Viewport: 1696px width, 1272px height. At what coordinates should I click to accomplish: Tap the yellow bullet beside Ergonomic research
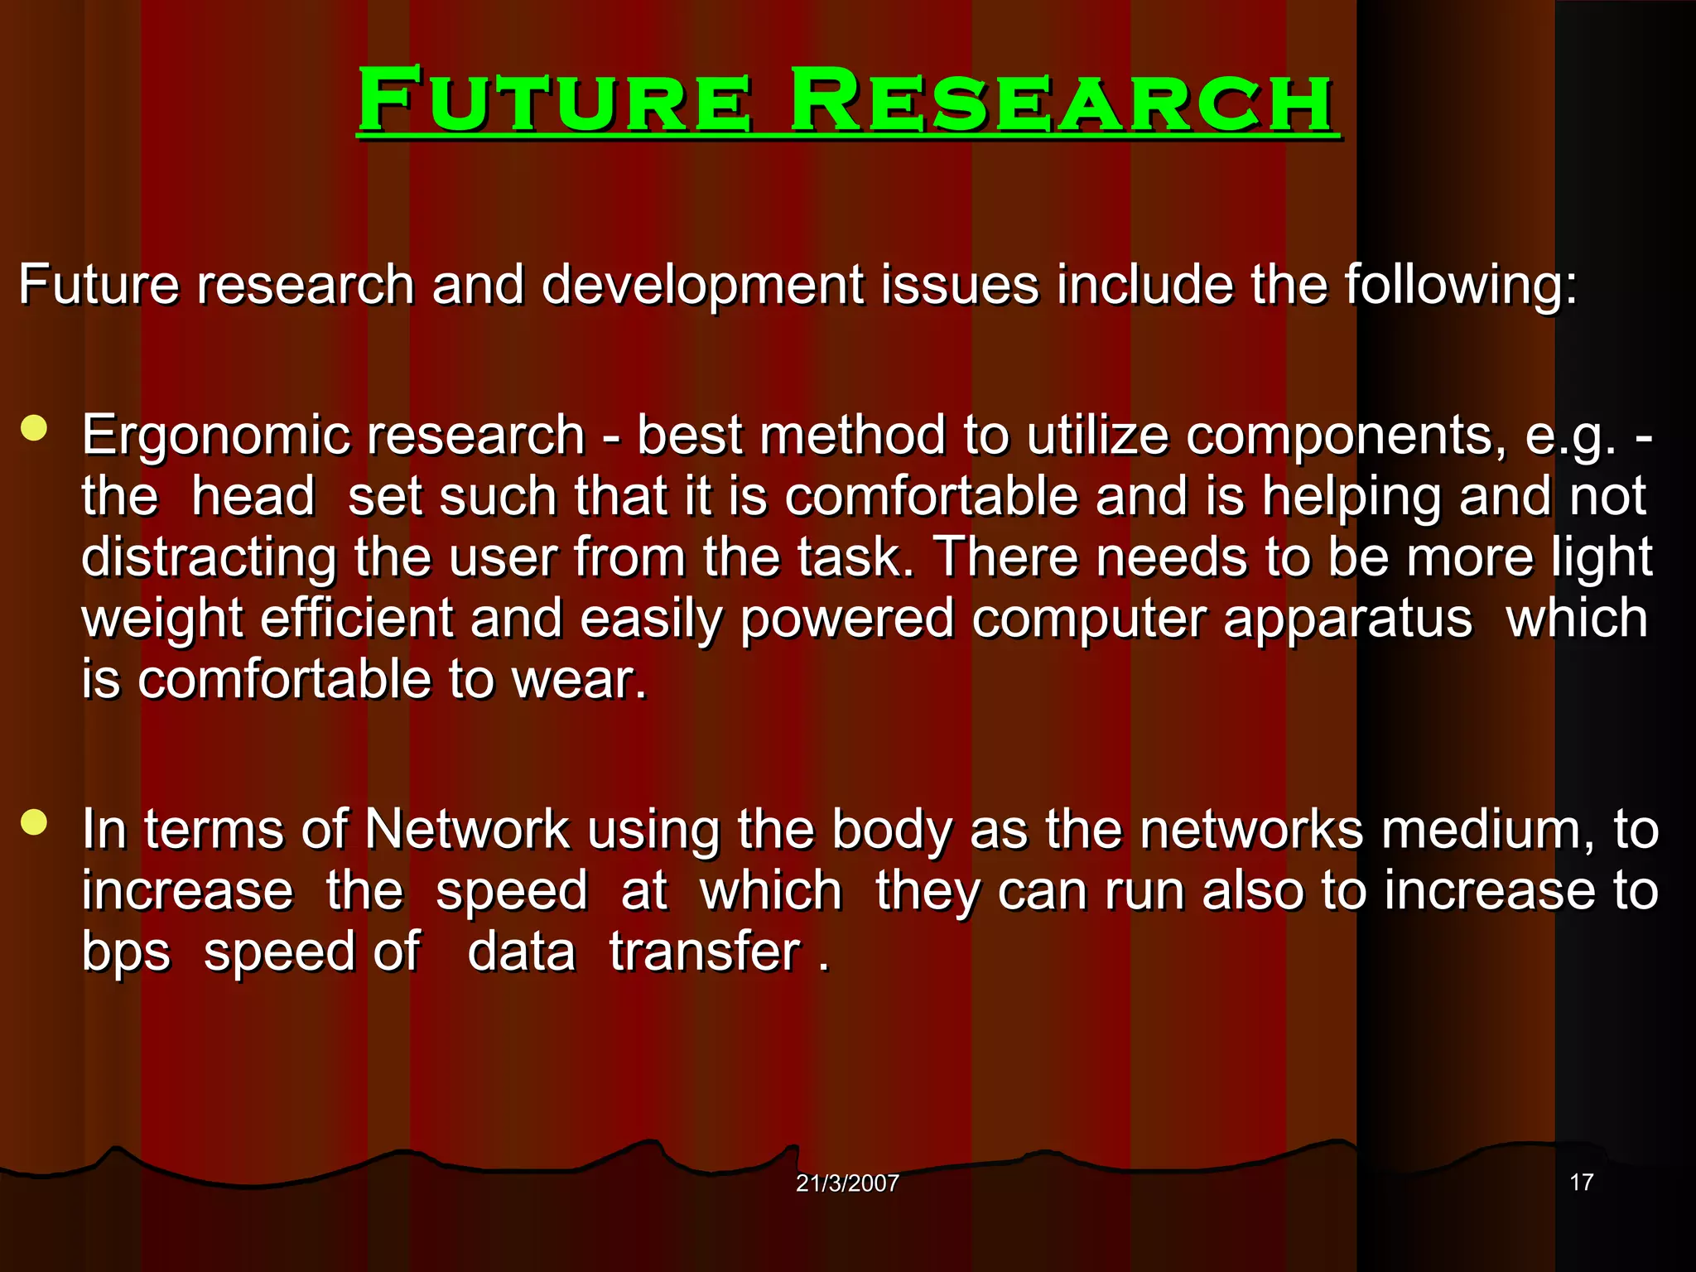point(34,429)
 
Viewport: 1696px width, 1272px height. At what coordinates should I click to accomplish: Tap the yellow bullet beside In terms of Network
point(34,823)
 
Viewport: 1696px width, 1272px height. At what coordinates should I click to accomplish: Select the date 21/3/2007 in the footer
point(847,1183)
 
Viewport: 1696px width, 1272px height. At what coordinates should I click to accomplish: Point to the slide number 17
point(1582,1182)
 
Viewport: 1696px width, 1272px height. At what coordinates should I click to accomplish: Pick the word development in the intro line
point(702,285)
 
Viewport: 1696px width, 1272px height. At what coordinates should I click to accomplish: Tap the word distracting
point(209,558)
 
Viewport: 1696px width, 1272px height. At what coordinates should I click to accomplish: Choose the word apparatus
point(1348,619)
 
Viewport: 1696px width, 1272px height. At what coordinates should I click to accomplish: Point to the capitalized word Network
point(467,830)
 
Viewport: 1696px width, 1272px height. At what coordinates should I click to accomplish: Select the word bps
point(126,952)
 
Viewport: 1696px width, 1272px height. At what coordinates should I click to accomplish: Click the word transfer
point(706,952)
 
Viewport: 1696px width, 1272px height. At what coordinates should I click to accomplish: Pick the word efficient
point(357,619)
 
